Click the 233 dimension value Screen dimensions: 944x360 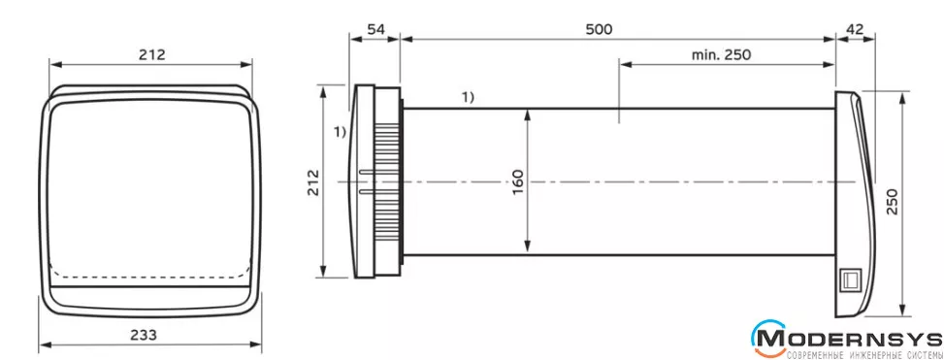click(144, 334)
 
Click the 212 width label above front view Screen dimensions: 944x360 click(151, 54)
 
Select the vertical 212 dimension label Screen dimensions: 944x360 click(313, 182)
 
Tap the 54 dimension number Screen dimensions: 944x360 click(375, 29)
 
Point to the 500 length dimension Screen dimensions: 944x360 click(599, 29)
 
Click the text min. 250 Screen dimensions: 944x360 click(721, 54)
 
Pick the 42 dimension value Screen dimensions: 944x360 click(855, 29)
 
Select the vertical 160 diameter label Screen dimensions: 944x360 click(518, 181)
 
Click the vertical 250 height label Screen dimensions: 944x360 click(893, 201)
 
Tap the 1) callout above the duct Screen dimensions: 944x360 click(468, 97)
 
